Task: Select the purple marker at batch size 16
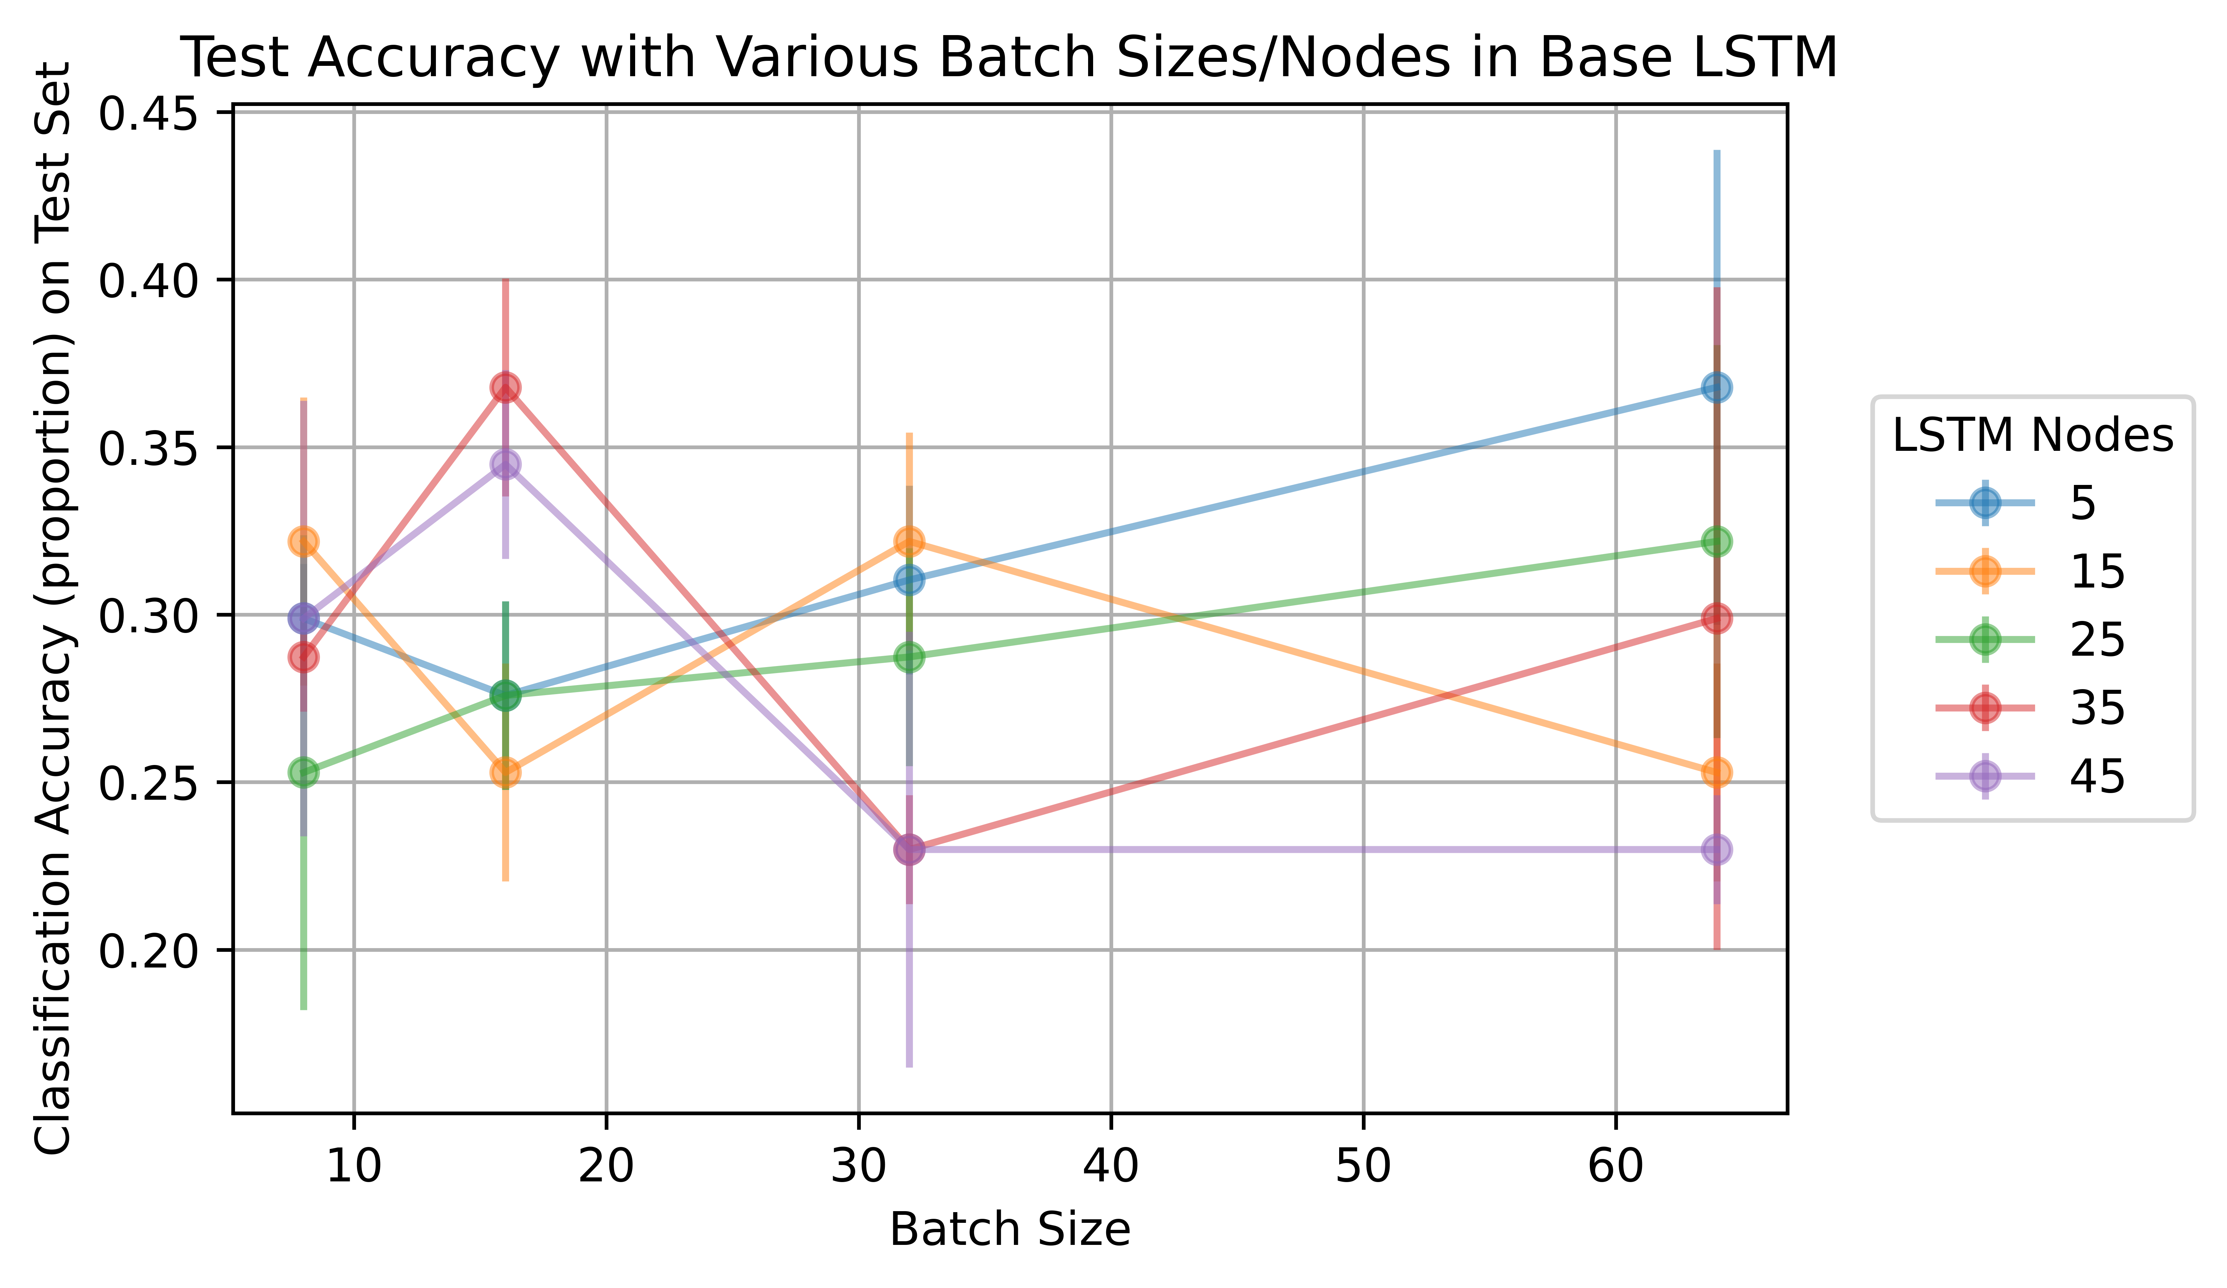[x=505, y=465]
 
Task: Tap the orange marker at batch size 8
[x=303, y=541]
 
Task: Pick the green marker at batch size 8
[x=303, y=772]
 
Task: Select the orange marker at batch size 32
[x=909, y=541]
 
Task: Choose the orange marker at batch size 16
[x=505, y=772]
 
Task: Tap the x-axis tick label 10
[x=353, y=1166]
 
